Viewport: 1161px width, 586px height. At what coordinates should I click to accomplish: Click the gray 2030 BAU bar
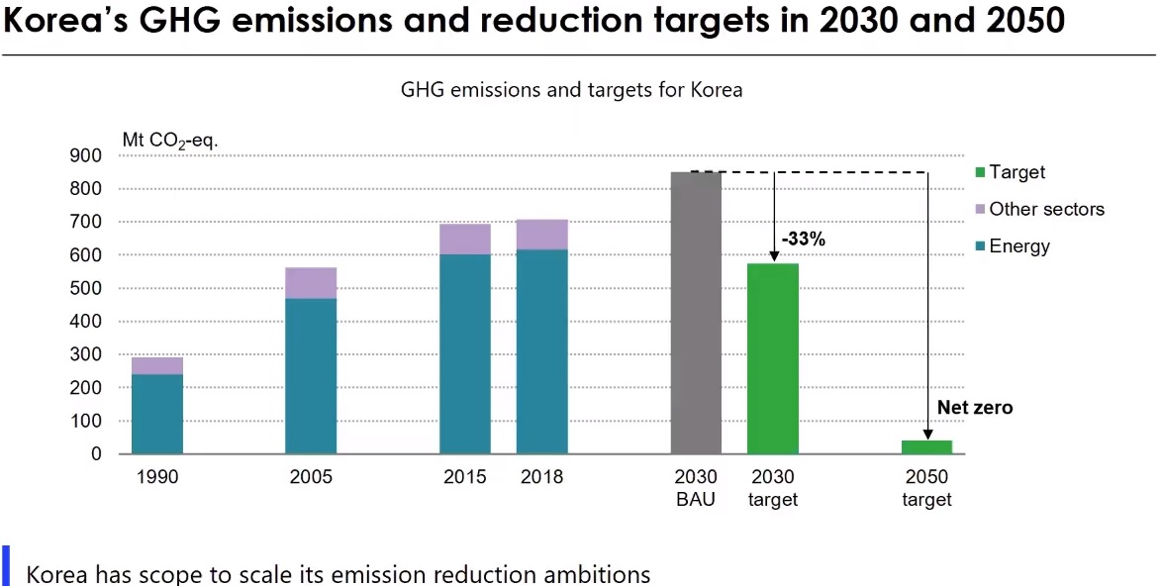(696, 313)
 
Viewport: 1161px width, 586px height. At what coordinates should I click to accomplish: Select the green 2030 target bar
(772, 358)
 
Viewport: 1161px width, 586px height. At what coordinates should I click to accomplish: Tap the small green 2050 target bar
(926, 446)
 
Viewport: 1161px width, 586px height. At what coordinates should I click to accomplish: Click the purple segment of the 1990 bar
(157, 365)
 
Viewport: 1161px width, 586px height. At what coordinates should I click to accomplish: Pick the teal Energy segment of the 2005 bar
(311, 376)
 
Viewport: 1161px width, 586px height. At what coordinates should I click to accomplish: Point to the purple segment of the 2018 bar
(541, 235)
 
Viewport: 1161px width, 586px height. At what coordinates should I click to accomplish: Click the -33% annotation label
(803, 239)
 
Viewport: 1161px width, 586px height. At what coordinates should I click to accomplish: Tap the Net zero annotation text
(975, 408)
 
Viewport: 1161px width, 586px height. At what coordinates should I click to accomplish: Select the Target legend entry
(1016, 172)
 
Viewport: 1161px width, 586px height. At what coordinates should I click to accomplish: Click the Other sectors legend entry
(1046, 209)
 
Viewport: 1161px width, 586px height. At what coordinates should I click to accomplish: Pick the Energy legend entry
(1019, 245)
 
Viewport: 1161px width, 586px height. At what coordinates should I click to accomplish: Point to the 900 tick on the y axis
(85, 155)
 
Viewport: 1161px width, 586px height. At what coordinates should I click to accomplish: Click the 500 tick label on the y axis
(85, 288)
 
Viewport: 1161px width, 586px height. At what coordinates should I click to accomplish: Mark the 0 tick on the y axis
(96, 454)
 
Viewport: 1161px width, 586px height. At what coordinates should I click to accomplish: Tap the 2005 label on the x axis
(311, 477)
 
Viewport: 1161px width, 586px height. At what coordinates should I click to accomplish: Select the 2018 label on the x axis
(541, 477)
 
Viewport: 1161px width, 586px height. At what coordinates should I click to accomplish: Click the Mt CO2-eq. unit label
(170, 141)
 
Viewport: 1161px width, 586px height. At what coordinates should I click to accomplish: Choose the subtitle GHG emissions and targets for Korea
(571, 90)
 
